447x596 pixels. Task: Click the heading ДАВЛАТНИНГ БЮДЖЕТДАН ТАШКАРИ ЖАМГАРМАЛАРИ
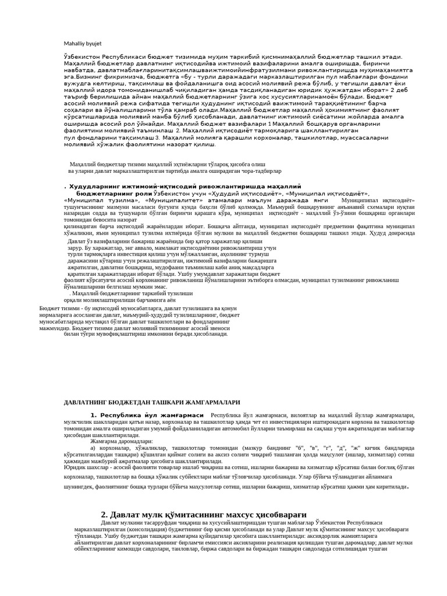pos(151,402)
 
